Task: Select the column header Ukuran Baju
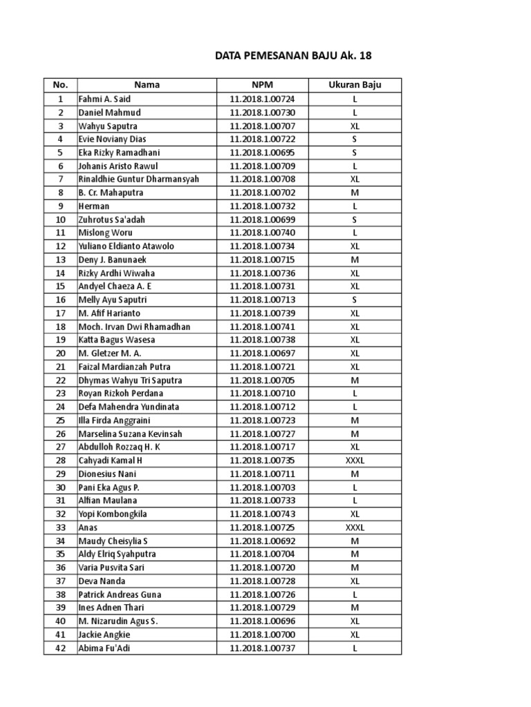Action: [x=355, y=85]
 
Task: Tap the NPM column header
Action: [x=262, y=85]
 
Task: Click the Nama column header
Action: [x=147, y=85]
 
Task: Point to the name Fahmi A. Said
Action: [x=104, y=99]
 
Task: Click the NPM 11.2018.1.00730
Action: [x=262, y=113]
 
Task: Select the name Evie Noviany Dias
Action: [x=112, y=139]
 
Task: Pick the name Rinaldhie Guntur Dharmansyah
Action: [x=138, y=180]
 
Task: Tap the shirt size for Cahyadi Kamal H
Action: [x=355, y=461]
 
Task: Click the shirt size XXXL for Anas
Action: [x=355, y=527]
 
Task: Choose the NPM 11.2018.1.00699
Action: [x=262, y=220]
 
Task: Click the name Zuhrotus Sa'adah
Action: [x=111, y=220]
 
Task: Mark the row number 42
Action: [x=60, y=648]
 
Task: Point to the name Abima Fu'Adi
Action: [x=105, y=648]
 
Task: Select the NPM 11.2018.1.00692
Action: [x=262, y=541]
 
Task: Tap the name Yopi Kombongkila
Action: [x=113, y=514]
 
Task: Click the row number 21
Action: [x=60, y=367]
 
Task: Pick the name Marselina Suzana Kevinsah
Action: [x=130, y=434]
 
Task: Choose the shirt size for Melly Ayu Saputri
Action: [x=355, y=300]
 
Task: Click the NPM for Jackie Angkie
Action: [x=262, y=635]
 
